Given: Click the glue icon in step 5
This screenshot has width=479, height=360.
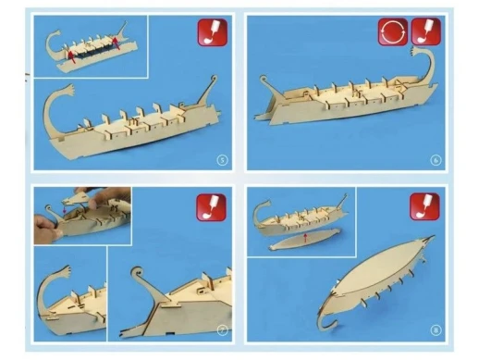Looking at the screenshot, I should [x=210, y=36].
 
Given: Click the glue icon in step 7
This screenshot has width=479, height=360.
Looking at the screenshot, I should [x=210, y=205].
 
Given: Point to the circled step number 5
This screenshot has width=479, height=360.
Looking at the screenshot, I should [x=221, y=159].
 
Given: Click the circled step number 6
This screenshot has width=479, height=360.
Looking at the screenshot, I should [x=435, y=159].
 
